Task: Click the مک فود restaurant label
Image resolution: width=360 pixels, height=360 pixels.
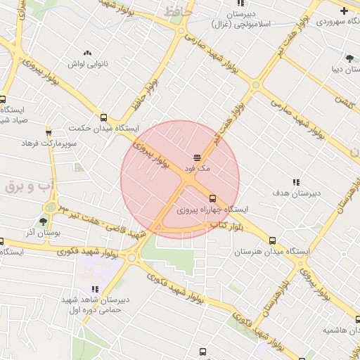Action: point(198,169)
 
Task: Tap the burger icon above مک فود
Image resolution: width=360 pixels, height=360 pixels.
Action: point(198,157)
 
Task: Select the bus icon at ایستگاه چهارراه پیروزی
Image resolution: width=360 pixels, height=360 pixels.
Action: point(213,198)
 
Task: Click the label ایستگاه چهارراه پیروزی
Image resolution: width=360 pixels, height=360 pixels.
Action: point(212,210)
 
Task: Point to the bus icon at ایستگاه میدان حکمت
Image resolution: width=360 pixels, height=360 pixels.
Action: point(104,118)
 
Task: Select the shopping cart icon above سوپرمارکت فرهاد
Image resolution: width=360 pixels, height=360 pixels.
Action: point(49,132)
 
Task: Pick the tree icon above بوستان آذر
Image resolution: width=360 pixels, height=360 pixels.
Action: point(43,221)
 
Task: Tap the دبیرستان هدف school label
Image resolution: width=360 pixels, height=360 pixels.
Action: point(296,192)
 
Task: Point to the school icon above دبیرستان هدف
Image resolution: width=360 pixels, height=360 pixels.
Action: point(296,181)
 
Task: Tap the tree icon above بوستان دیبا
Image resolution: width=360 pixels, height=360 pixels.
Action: point(349,58)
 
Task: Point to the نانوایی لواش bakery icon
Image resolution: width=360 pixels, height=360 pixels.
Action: point(88,53)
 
